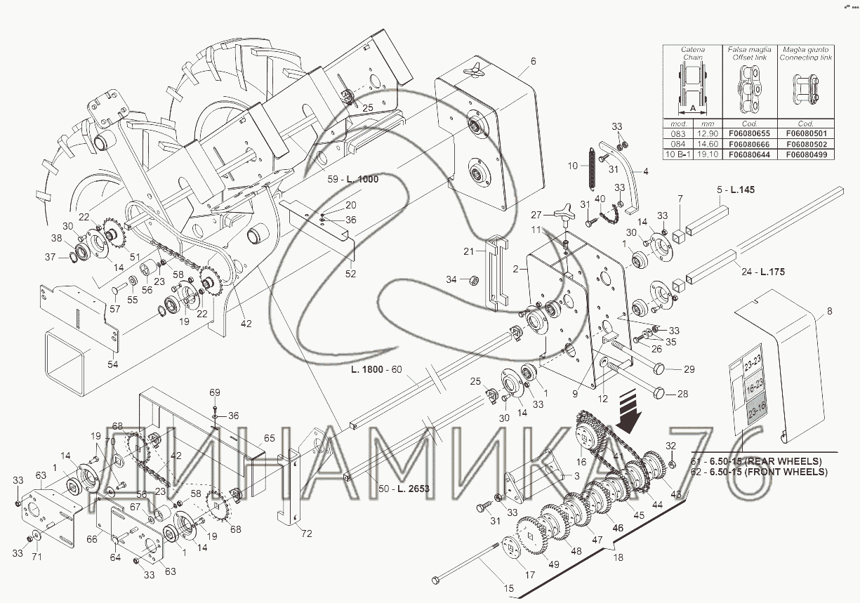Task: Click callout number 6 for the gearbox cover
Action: click(x=533, y=61)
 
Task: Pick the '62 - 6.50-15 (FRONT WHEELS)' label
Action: click(x=759, y=472)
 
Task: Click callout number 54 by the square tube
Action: click(x=112, y=365)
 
